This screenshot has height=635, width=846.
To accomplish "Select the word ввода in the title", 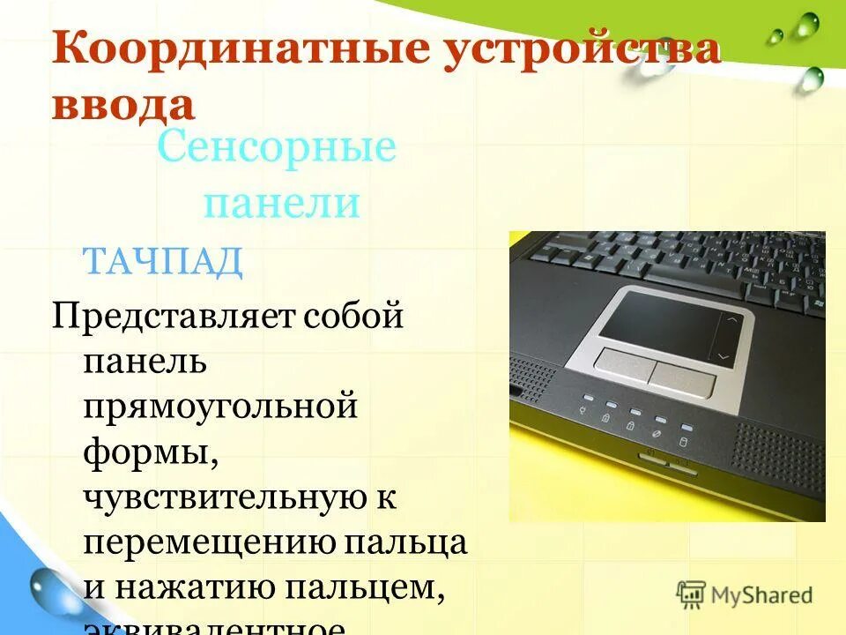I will [x=123, y=103].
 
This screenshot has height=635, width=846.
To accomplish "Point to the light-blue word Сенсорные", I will [x=277, y=149].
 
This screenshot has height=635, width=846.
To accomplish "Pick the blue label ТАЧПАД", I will [x=162, y=262].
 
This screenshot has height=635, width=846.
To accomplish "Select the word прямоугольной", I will [x=220, y=407].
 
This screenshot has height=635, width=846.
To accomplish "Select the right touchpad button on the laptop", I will [x=682, y=377].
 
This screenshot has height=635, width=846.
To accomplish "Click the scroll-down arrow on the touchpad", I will [x=724, y=356].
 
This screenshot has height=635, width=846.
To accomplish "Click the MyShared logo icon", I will [x=691, y=594].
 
